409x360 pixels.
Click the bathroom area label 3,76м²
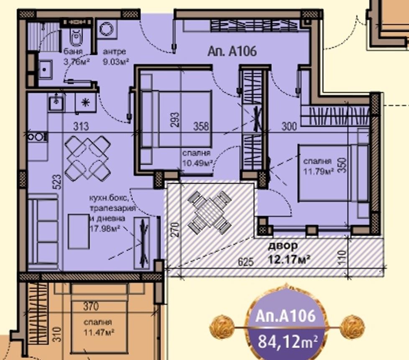[x=77, y=62]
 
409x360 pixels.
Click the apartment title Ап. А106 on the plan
[x=232, y=51]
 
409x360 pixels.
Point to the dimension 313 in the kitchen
[x=81, y=127]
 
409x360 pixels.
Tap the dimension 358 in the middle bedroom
[x=201, y=126]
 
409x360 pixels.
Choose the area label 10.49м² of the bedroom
[x=197, y=163]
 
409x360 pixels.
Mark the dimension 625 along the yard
[x=246, y=262]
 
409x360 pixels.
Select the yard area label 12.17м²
[x=289, y=260]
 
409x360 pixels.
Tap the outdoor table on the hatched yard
[x=210, y=212]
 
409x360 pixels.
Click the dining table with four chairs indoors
[x=87, y=158]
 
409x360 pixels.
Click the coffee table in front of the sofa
[x=79, y=232]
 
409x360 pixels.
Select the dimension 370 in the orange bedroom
[x=91, y=306]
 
